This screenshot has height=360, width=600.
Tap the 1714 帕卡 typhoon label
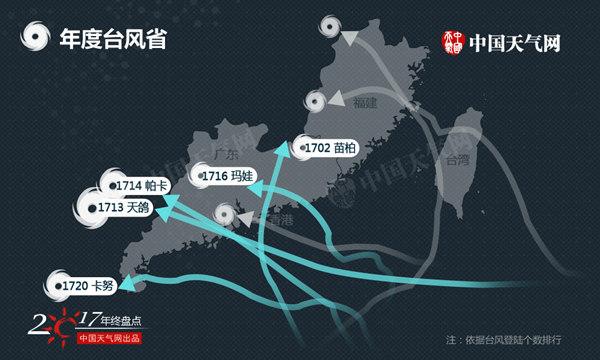point(135,187)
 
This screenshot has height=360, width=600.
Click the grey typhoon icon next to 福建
point(316,100)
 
